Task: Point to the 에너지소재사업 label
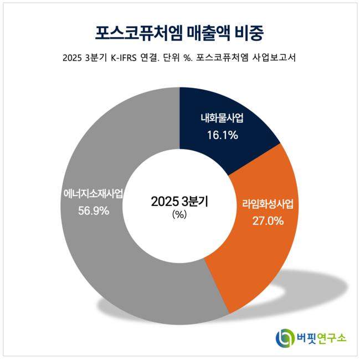click(93, 194)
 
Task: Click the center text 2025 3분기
click(179, 201)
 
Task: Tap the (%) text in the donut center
click(179, 215)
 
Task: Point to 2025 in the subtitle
click(73, 58)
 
